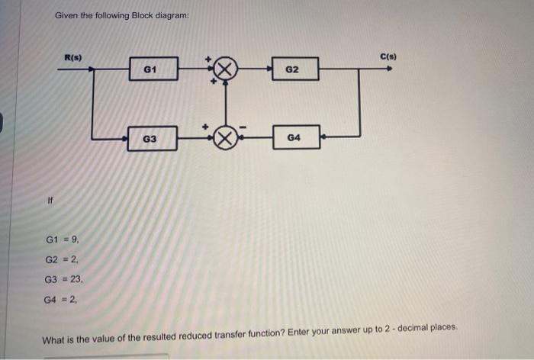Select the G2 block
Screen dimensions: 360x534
(x=291, y=70)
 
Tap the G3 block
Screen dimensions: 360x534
(x=150, y=139)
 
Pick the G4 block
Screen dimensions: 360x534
(x=294, y=138)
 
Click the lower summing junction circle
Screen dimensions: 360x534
(x=224, y=138)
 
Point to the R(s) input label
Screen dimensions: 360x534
(x=73, y=56)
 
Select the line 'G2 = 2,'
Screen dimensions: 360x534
(x=62, y=262)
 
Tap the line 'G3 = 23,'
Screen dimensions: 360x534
(x=64, y=280)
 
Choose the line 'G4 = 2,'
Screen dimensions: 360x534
(x=62, y=298)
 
